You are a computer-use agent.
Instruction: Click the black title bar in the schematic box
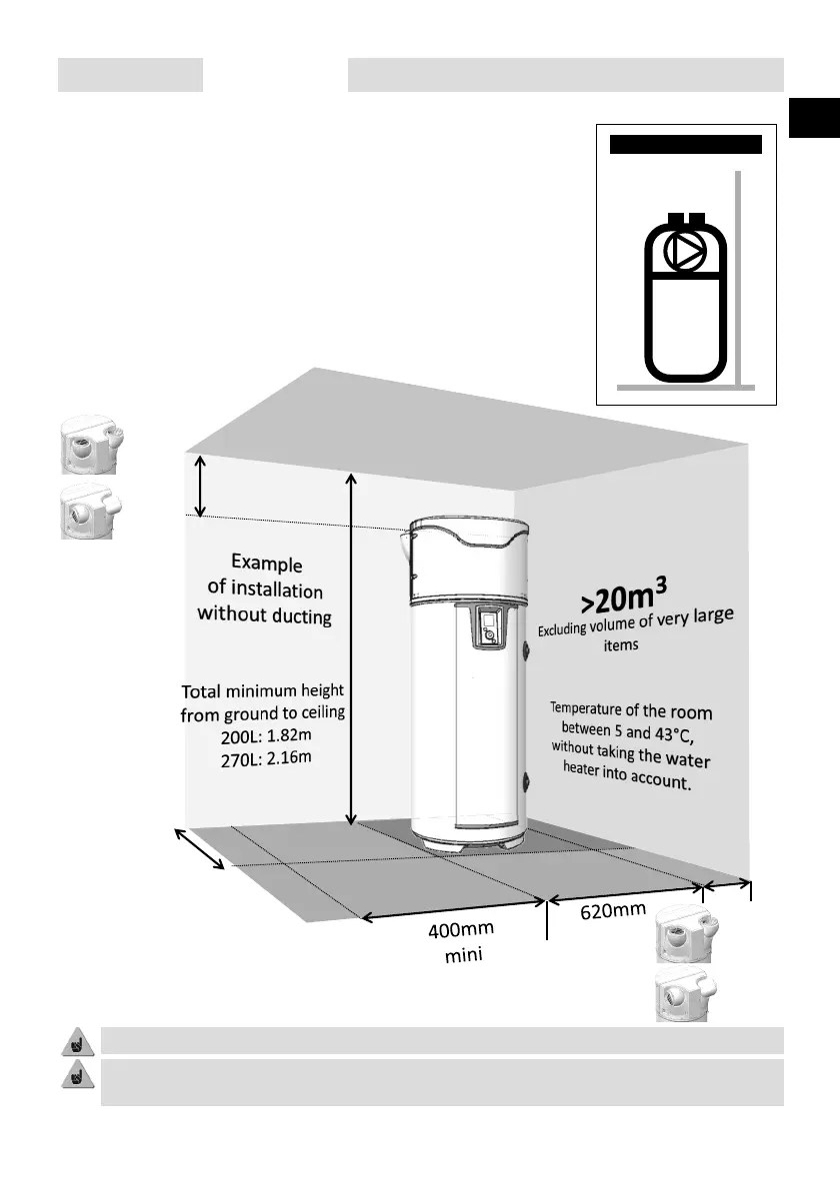click(x=686, y=144)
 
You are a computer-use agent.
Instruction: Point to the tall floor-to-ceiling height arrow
click(x=351, y=649)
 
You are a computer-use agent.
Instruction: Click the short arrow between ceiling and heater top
click(x=200, y=486)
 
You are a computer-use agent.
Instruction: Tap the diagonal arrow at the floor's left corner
click(x=201, y=849)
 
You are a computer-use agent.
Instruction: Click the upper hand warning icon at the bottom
click(x=72, y=1041)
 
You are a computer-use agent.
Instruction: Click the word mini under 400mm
click(x=463, y=956)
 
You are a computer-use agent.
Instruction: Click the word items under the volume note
click(x=621, y=645)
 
